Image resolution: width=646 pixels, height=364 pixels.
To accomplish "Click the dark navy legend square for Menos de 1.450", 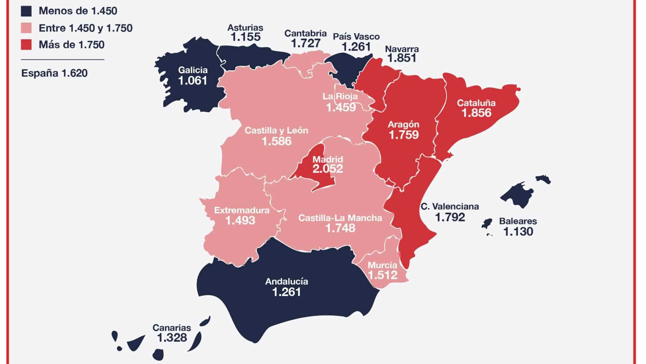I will [x=26, y=11].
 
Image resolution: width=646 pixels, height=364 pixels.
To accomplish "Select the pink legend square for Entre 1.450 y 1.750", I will [x=26, y=28].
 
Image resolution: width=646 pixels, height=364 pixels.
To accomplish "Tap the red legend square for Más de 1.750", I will [x=26, y=44].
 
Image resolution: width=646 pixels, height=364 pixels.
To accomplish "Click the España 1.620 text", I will [x=54, y=73].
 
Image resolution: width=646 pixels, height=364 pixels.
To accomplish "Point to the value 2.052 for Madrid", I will [x=327, y=169].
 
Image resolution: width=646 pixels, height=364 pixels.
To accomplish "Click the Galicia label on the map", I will [x=193, y=70].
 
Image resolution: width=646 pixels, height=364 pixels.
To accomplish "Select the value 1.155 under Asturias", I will [x=245, y=37].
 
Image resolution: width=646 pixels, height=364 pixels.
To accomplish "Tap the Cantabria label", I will [x=305, y=33].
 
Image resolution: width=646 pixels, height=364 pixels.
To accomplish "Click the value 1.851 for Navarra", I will [x=402, y=58].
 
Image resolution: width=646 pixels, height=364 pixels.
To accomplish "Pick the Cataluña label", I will [x=476, y=103].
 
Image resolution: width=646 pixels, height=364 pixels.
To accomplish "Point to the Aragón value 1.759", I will [x=403, y=135].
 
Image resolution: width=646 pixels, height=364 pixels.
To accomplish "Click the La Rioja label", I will [x=340, y=96].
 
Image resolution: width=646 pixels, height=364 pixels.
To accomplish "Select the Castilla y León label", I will [x=276, y=130].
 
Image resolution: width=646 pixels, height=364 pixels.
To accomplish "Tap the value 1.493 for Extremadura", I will [x=240, y=221].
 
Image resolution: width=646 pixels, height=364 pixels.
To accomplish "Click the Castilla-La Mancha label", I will [x=340, y=218].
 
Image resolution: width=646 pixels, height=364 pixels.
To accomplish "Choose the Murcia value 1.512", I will [x=383, y=275].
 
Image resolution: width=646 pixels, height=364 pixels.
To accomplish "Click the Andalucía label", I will [x=286, y=281].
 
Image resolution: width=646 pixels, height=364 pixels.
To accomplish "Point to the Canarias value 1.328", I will [x=172, y=337].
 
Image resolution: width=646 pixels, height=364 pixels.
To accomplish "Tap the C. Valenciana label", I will [x=450, y=206].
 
